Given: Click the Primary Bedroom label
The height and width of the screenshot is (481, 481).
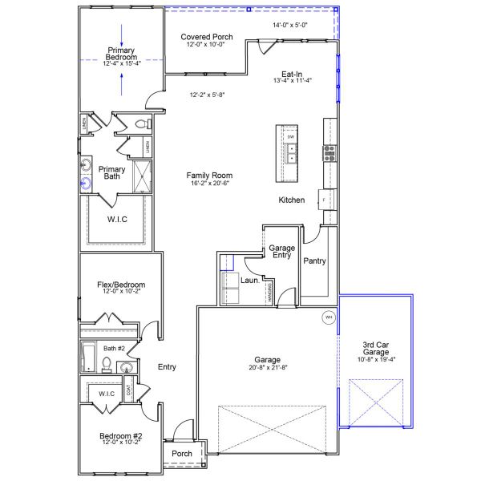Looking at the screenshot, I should pyautogui.click(x=122, y=53).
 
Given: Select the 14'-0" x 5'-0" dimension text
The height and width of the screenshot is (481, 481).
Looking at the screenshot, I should pyautogui.click(x=290, y=26).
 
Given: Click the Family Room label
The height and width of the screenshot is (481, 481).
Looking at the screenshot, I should pyautogui.click(x=209, y=175).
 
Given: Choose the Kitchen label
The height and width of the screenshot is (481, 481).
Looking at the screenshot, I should pyautogui.click(x=291, y=200).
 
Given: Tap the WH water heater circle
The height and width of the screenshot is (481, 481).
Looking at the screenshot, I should pyautogui.click(x=328, y=317).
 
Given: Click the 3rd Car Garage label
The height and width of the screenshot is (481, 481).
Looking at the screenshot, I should pyautogui.click(x=375, y=348).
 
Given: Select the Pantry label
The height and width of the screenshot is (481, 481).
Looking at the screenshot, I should pyautogui.click(x=313, y=261).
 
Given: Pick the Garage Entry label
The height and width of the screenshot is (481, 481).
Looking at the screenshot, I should pyautogui.click(x=281, y=251).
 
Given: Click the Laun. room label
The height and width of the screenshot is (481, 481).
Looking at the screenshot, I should pyautogui.click(x=249, y=281).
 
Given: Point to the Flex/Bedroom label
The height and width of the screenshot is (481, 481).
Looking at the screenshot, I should pyautogui.click(x=121, y=285).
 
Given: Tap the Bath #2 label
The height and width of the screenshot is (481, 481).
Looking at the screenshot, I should pyautogui.click(x=115, y=348).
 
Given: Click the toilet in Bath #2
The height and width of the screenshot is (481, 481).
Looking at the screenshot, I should pyautogui.click(x=106, y=365).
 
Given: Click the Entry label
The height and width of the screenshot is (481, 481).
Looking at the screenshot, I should pyautogui.click(x=167, y=367).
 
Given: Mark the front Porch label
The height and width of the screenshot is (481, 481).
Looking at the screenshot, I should pyautogui.click(x=183, y=454).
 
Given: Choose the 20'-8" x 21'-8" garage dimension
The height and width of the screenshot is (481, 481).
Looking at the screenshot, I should pyautogui.click(x=267, y=368).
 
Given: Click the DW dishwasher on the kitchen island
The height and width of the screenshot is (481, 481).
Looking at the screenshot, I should pyautogui.click(x=290, y=137).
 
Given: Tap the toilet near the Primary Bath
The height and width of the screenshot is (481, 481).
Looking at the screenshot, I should pyautogui.click(x=141, y=125).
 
